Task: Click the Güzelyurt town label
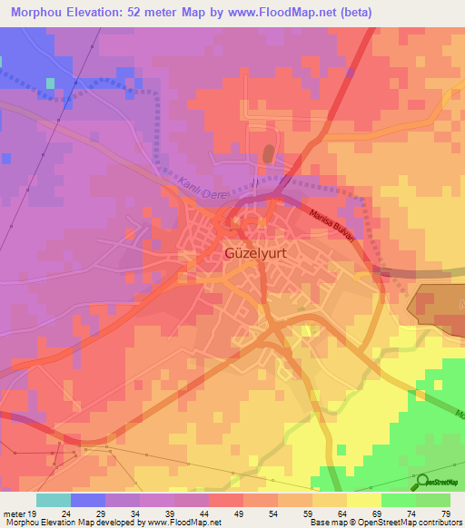point(256,255)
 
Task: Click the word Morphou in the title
point(44,12)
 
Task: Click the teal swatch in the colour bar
point(54,500)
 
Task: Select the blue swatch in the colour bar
point(88,500)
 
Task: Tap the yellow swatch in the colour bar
point(364,500)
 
